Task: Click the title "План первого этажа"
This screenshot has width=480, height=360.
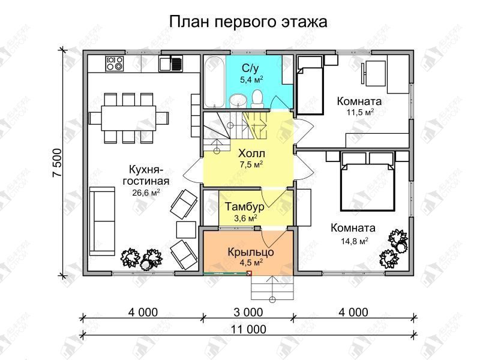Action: point(248,22)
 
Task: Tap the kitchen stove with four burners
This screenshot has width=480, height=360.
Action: point(115,64)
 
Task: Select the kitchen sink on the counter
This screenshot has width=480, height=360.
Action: point(170,64)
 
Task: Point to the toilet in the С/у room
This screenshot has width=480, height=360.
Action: point(257,98)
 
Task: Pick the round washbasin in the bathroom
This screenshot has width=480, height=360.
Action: point(238,100)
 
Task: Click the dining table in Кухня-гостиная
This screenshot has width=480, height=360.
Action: point(128,118)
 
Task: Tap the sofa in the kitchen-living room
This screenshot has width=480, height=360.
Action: point(102,221)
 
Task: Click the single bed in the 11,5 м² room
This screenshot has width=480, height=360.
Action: point(310,85)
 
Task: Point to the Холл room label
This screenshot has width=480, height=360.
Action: point(251,153)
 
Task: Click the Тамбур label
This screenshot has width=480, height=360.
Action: point(245,206)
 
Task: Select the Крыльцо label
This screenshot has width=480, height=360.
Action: point(251,252)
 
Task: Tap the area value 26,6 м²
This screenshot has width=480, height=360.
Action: point(146,193)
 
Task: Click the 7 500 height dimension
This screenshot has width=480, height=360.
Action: point(57,163)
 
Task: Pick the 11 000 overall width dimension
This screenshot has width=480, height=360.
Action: point(248,329)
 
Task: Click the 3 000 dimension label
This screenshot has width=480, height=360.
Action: point(248,312)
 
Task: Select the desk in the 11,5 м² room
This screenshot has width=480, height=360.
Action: point(374,73)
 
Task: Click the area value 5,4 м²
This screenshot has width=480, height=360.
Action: point(251,80)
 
